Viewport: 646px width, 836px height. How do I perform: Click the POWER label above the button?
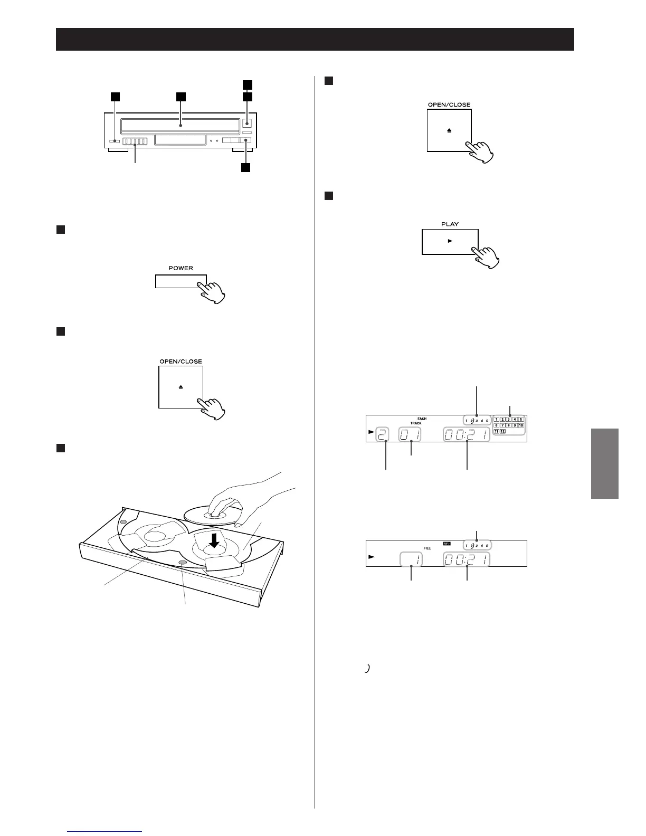point(180,268)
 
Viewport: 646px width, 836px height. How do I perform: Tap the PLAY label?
point(450,224)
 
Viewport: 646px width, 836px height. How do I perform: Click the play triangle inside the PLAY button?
point(450,241)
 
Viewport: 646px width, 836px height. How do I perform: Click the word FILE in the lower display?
point(427,548)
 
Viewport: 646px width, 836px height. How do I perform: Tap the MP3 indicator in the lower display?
point(446,543)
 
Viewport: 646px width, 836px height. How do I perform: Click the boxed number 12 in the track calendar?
point(502,431)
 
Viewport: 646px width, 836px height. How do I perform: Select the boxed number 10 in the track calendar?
point(520,425)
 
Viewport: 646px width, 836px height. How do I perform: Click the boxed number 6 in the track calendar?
point(496,425)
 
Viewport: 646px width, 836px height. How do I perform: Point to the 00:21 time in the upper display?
point(466,435)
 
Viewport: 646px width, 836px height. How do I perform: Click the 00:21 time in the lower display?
point(466,559)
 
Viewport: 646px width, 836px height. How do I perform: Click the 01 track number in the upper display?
point(410,435)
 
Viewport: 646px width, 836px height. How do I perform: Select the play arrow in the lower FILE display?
point(372,557)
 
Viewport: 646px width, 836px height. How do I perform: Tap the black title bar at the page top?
point(315,39)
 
